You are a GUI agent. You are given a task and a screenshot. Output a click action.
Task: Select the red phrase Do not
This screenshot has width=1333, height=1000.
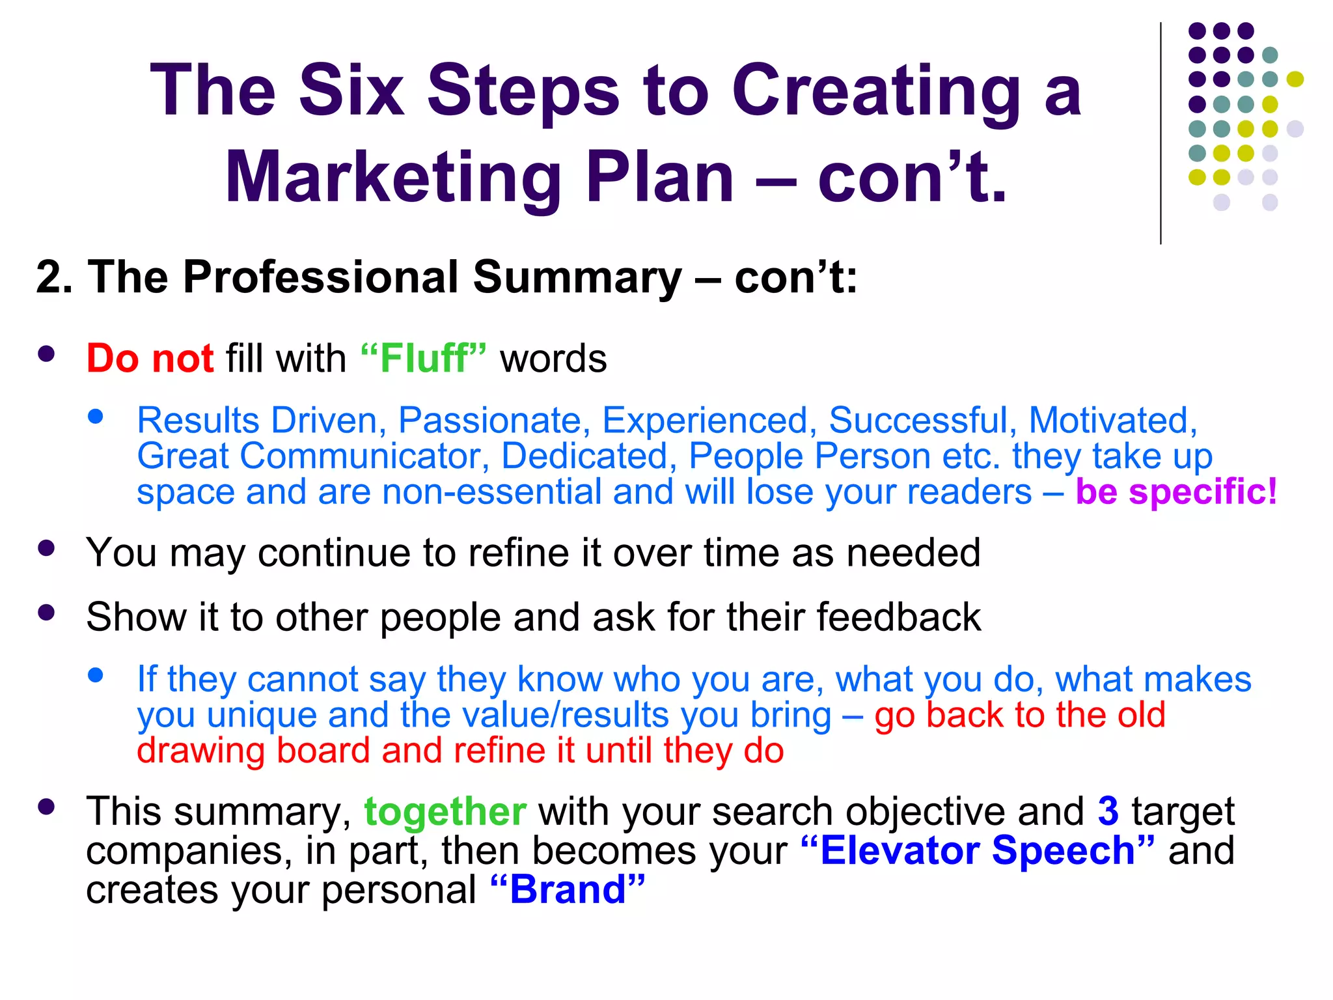150,359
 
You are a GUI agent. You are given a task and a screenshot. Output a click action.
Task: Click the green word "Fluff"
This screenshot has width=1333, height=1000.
423,359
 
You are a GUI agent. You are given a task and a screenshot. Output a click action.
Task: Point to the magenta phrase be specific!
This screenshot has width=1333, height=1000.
1176,492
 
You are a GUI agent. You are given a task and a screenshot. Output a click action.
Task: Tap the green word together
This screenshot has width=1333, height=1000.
445,812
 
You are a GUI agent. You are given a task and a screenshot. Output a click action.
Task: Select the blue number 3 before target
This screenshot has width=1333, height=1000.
1108,812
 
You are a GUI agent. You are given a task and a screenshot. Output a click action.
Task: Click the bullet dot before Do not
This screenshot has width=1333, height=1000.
46,354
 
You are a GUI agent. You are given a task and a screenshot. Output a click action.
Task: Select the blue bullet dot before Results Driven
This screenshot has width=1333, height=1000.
96,417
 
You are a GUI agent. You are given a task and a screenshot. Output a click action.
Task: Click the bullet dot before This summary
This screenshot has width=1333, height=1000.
46,807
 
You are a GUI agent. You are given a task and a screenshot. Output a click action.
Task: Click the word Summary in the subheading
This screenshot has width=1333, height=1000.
577,277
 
